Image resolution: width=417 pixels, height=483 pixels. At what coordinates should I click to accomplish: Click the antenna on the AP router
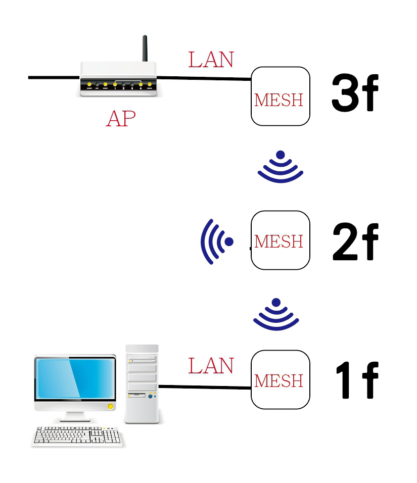pyautogui.click(x=145, y=49)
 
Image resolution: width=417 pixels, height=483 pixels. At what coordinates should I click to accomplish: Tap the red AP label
pyautogui.click(x=121, y=118)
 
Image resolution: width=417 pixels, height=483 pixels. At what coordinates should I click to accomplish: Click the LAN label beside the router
pyautogui.click(x=211, y=60)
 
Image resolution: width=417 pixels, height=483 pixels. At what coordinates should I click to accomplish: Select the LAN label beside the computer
pyautogui.click(x=211, y=366)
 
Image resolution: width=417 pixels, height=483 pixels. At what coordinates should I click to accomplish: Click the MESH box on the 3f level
pyautogui.click(x=280, y=96)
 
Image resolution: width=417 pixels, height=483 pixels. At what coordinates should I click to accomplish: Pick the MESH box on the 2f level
pyautogui.click(x=280, y=240)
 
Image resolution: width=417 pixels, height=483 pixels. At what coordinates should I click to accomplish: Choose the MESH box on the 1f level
pyautogui.click(x=280, y=379)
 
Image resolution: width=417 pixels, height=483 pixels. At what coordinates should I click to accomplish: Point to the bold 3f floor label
pyautogui.click(x=354, y=94)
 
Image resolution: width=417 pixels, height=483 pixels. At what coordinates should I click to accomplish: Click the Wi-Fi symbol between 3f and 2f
pyautogui.click(x=281, y=167)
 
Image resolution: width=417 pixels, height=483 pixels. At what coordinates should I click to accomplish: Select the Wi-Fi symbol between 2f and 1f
pyautogui.click(x=276, y=315)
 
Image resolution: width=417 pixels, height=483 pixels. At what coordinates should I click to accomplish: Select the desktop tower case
pyautogui.click(x=142, y=383)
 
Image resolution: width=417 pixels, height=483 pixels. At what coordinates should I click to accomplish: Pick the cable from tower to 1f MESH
pyautogui.click(x=205, y=387)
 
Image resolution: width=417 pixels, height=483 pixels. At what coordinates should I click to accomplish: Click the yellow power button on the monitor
pyautogui.click(x=110, y=406)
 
